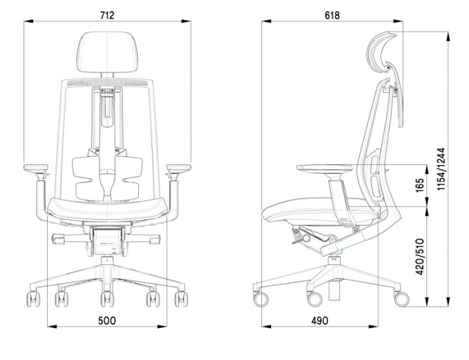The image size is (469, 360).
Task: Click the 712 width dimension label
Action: [107, 15]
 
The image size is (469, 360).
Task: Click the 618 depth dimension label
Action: [332, 15]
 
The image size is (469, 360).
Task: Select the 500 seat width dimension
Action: [107, 321]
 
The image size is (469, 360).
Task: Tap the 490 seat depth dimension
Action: [320, 321]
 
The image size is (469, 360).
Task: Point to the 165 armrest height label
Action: [420, 185]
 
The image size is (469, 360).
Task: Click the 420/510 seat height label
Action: [420, 257]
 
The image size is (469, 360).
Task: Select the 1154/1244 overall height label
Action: [441, 169]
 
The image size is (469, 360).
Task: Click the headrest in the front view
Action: [107, 52]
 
